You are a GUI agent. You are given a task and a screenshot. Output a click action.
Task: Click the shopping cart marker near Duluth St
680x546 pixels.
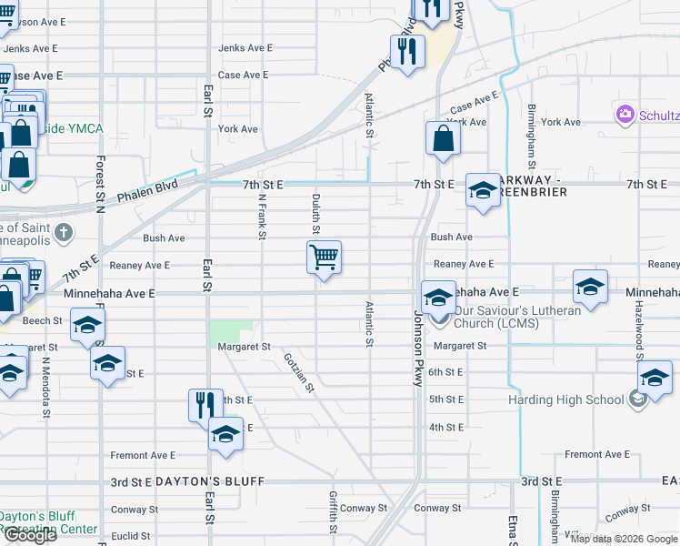(x=324, y=258)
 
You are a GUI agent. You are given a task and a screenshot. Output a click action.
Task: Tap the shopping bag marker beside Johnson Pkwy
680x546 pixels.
(x=443, y=139)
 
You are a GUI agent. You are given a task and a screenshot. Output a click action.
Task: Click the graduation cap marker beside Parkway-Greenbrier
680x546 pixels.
(x=483, y=190)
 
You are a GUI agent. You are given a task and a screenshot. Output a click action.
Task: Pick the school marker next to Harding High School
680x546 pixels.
(x=655, y=378)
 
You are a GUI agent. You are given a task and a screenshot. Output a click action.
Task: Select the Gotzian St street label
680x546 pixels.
(x=299, y=373)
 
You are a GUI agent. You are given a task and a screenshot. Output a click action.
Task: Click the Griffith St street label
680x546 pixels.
(x=334, y=512)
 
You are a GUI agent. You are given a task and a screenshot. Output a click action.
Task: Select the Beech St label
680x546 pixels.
(x=43, y=321)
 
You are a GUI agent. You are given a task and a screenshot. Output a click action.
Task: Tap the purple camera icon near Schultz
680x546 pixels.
(x=625, y=115)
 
